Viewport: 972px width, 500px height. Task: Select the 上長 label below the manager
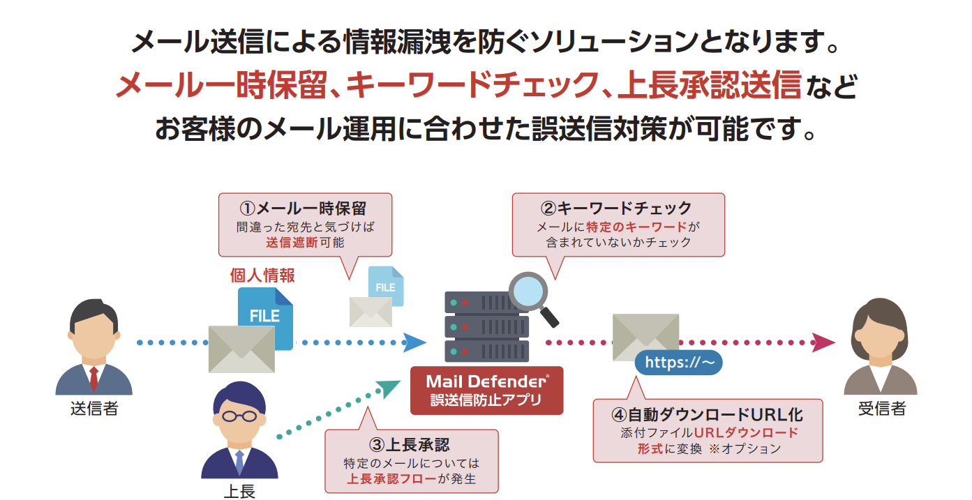pos(239,491)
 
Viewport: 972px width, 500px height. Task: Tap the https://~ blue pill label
pos(678,363)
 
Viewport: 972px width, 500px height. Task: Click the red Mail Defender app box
pos(486,391)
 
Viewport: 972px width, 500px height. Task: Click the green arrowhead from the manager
pos(387,388)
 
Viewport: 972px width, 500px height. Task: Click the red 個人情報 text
pos(262,275)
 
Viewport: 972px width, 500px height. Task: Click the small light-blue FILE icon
pos(386,285)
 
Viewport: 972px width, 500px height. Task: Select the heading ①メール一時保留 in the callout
pos(304,208)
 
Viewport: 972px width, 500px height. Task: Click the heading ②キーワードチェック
pos(617,208)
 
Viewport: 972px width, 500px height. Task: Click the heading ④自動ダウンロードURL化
pos(708,414)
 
